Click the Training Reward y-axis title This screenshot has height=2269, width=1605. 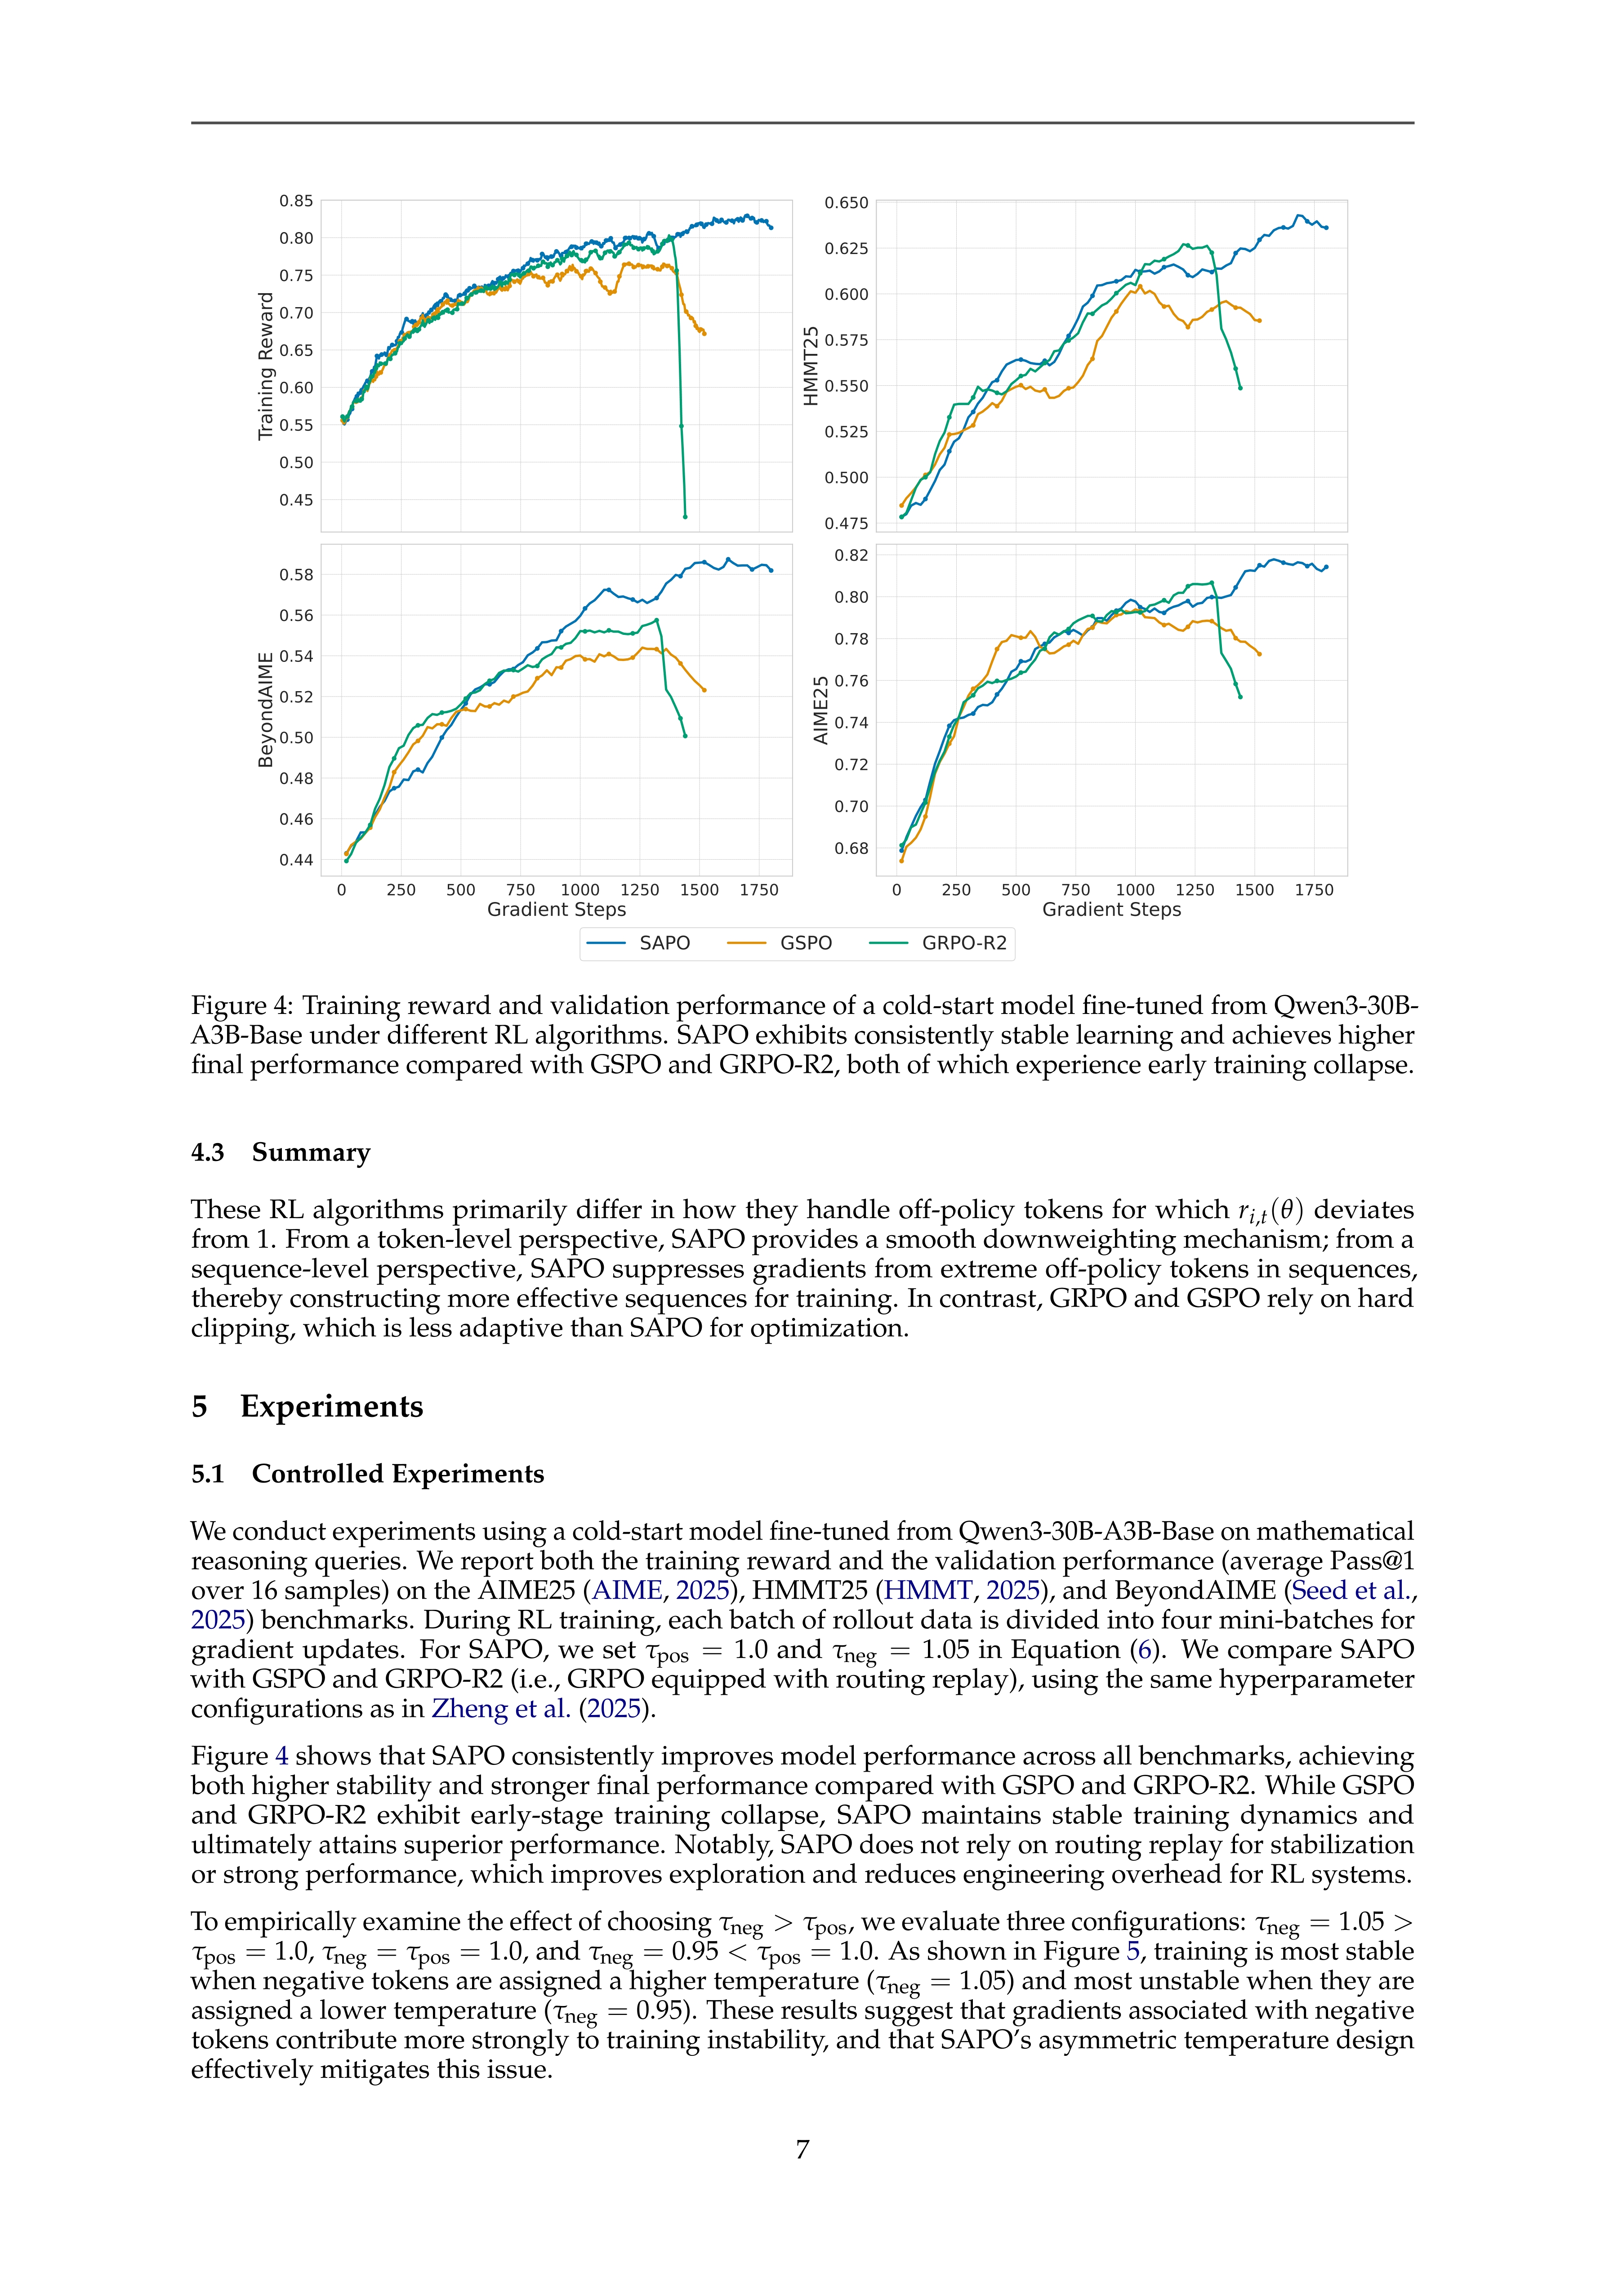click(265, 366)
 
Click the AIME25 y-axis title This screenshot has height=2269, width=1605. click(820, 710)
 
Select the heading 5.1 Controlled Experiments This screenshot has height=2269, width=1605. click(368, 1474)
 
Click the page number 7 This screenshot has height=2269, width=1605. click(802, 2149)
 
